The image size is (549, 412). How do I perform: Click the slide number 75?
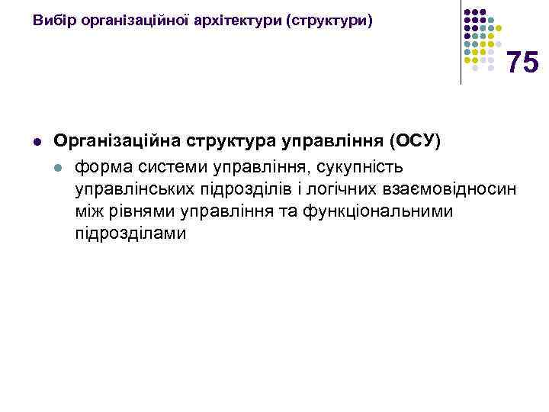click(x=522, y=63)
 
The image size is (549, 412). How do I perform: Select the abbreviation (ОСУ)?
click(x=415, y=141)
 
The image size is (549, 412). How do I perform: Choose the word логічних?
click(x=318, y=188)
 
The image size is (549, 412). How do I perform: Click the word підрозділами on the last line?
click(x=130, y=233)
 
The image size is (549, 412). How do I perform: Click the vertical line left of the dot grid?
click(x=461, y=42)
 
